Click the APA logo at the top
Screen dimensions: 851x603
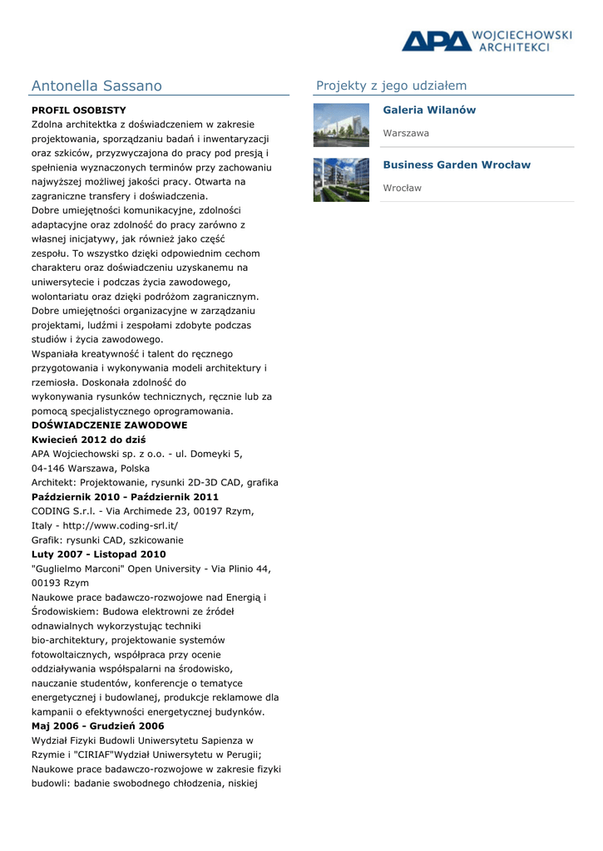(x=435, y=41)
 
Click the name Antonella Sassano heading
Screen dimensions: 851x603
(x=96, y=86)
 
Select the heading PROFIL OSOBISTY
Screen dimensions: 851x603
(x=79, y=110)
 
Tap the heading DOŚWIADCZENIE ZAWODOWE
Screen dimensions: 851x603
(x=109, y=425)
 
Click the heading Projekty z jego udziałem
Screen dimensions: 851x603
(x=391, y=86)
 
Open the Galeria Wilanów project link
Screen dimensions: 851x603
(x=429, y=110)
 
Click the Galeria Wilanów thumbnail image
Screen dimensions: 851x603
(x=341, y=125)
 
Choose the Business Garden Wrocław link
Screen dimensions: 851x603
(x=457, y=165)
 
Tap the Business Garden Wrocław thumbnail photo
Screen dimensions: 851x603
(x=341, y=180)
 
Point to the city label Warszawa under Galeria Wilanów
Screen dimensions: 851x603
(x=406, y=133)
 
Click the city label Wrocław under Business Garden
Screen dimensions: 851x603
(x=402, y=188)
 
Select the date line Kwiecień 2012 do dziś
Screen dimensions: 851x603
(x=88, y=439)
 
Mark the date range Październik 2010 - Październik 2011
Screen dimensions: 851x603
(x=125, y=496)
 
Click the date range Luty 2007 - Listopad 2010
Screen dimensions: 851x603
(x=98, y=553)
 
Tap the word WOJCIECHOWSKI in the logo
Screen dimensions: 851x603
(x=521, y=36)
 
